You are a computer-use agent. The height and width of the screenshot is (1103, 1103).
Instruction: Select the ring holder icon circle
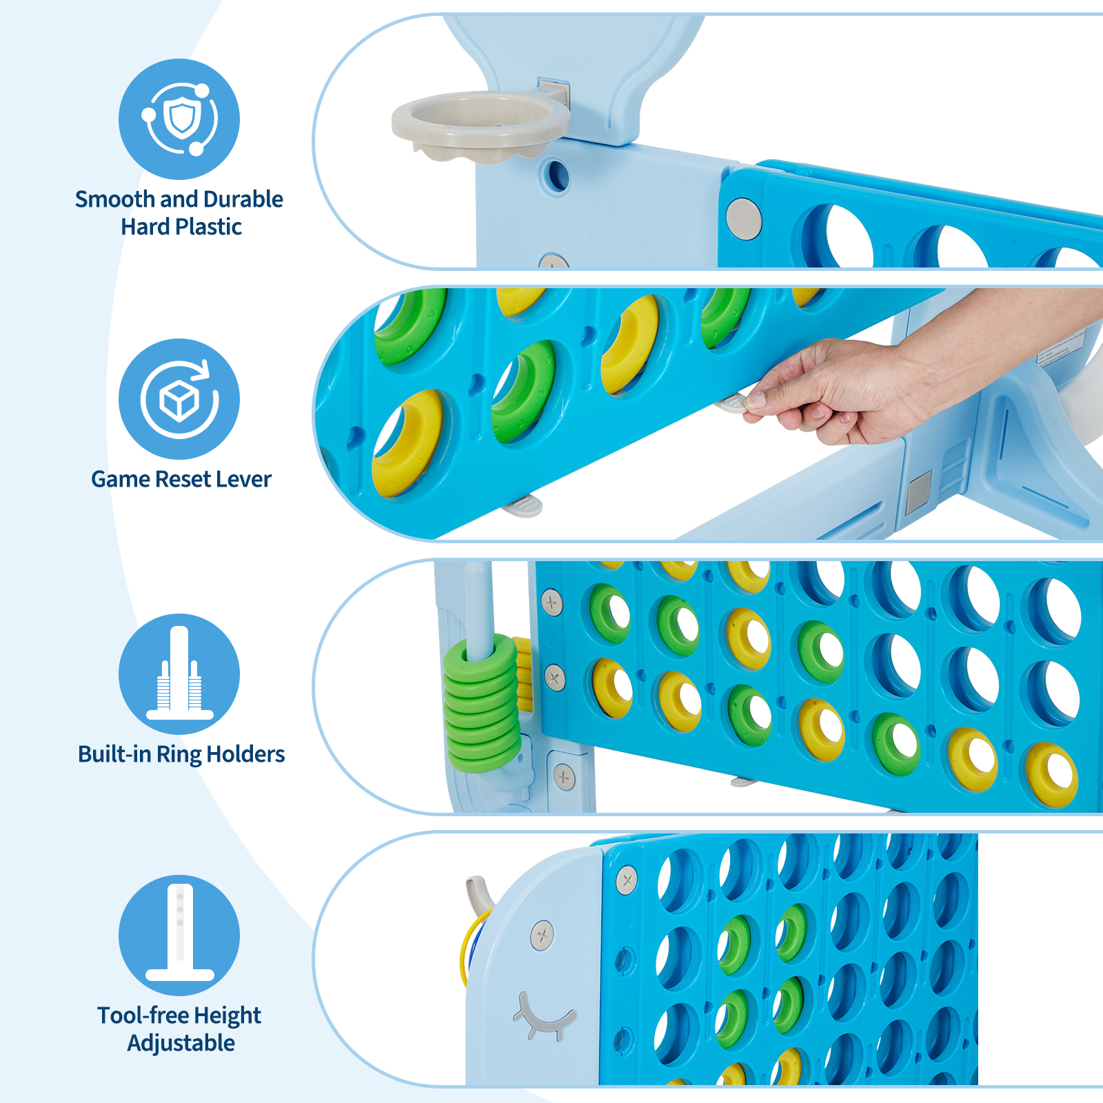coord(179,674)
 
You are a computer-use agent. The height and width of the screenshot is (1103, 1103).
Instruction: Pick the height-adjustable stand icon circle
coord(179,935)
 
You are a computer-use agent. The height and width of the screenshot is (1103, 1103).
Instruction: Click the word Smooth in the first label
coord(115,199)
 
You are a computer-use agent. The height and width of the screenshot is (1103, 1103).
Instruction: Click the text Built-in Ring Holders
coord(181,754)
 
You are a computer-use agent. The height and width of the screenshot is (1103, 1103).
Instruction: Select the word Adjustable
coord(181,1043)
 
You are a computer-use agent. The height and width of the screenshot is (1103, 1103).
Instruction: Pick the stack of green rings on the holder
coord(481,703)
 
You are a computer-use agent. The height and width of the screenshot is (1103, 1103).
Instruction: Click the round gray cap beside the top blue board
coord(744,219)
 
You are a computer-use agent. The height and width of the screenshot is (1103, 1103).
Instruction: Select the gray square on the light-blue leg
coord(918,492)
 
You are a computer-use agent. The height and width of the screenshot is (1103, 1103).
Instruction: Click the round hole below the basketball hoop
coord(556,176)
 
